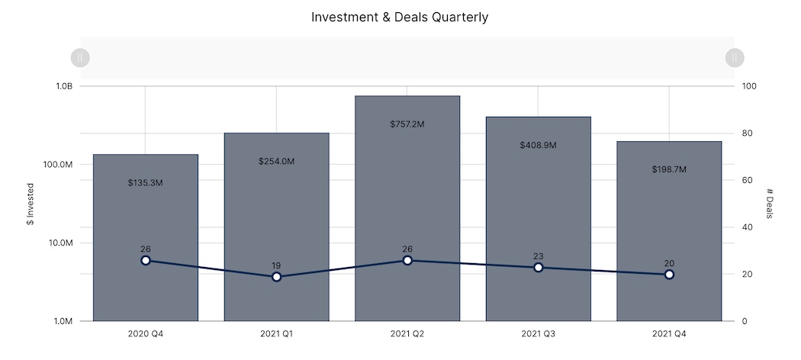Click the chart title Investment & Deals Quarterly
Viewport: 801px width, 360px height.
click(400, 17)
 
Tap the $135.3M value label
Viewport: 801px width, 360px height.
click(145, 183)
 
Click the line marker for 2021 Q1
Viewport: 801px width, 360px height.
click(276, 277)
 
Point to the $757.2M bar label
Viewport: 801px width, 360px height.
click(407, 124)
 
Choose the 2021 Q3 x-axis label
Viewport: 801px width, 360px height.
click(538, 334)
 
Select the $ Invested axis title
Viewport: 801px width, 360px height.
click(31, 204)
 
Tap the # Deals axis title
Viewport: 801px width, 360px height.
click(770, 204)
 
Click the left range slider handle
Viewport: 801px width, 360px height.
click(80, 57)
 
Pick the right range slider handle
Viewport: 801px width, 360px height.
click(734, 57)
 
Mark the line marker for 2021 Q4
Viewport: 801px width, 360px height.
click(669, 275)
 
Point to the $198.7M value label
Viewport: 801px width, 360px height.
click(669, 169)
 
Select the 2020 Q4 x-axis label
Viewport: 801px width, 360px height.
click(145, 334)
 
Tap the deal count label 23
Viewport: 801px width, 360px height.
click(538, 256)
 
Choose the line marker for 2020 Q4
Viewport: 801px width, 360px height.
click(146, 260)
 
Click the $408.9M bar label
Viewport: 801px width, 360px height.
click(538, 145)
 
